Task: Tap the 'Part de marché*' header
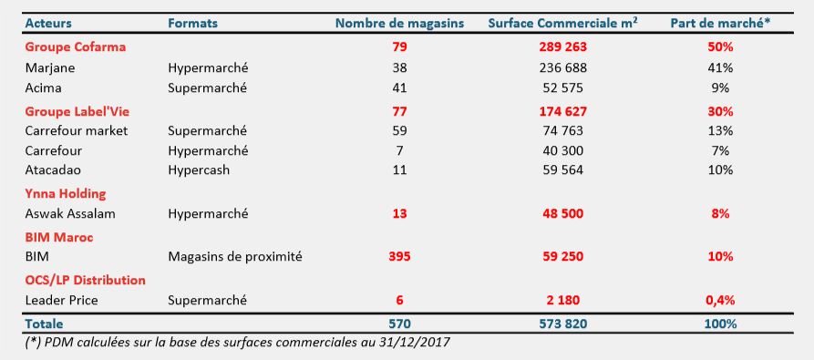(x=720, y=23)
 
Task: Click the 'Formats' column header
(x=193, y=23)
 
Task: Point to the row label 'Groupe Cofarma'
(x=75, y=46)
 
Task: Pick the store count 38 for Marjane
(x=398, y=67)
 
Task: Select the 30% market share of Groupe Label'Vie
(x=720, y=110)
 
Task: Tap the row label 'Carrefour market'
(x=76, y=130)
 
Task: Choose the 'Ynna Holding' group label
(x=66, y=193)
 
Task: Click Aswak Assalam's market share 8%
(x=720, y=213)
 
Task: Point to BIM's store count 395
(x=398, y=257)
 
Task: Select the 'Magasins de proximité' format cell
(x=235, y=257)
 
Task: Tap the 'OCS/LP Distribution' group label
(x=85, y=280)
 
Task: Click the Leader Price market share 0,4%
(x=720, y=300)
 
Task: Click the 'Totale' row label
(x=46, y=323)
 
